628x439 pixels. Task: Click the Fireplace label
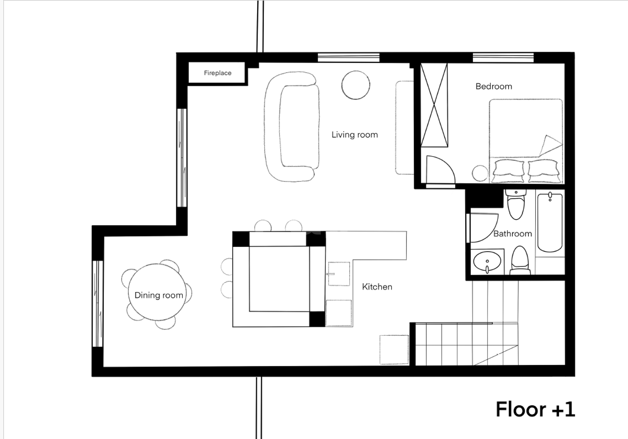pos(218,73)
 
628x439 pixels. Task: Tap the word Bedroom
pos(494,87)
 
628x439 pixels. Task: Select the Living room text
pos(355,135)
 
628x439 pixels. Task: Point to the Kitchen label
pos(377,287)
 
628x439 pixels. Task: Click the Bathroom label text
pos(513,234)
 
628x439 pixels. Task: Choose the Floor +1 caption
pos(535,410)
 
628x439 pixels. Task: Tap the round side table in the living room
pos(356,85)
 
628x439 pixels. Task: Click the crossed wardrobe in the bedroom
pos(434,105)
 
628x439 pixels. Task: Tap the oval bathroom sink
pos(487,261)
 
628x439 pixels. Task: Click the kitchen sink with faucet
pos(339,274)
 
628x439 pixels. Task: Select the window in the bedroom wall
pos(503,57)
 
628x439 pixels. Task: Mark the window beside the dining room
pos(98,304)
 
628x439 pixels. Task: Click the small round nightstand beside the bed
pos(480,173)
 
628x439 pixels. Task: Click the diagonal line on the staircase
pos(496,355)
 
